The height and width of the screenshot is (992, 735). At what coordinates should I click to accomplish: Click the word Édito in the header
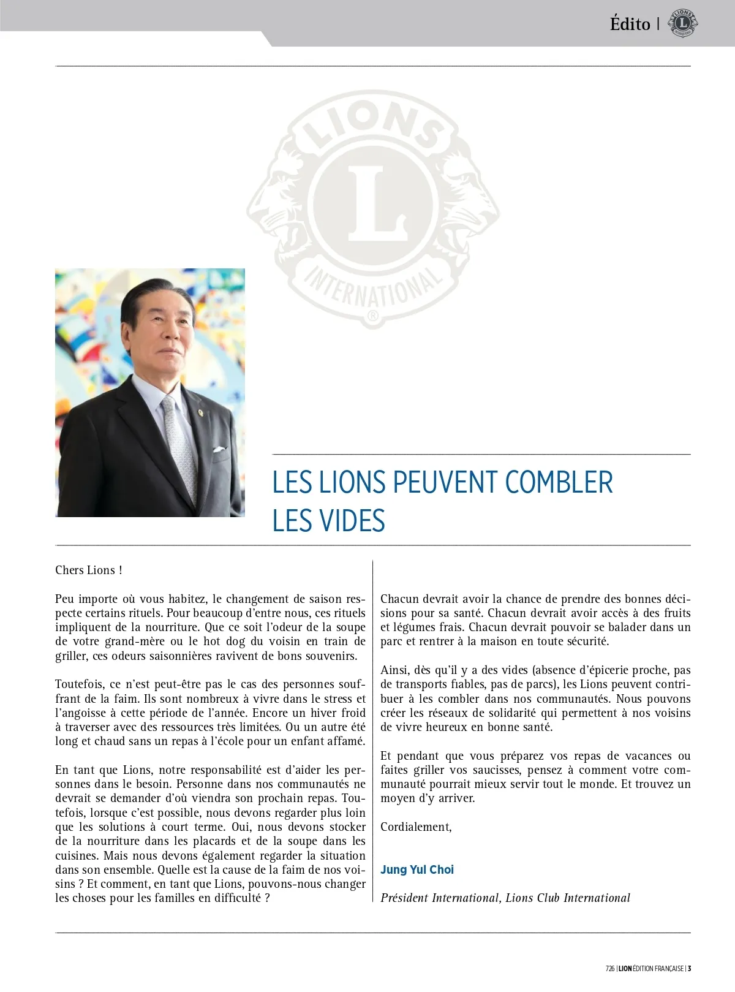click(630, 24)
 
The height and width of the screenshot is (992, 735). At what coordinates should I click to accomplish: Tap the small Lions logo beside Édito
click(683, 23)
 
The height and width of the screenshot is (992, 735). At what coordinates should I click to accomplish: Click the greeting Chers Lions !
click(89, 570)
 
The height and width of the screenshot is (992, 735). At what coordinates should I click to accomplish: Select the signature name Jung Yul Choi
click(417, 869)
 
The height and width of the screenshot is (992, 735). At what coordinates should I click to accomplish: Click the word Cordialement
click(416, 827)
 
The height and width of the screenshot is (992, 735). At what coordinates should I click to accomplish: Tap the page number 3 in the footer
click(689, 969)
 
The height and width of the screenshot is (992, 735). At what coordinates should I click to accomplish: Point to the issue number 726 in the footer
click(609, 969)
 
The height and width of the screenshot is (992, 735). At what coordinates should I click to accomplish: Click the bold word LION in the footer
click(625, 969)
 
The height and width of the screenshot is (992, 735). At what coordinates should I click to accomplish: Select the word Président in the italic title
click(404, 898)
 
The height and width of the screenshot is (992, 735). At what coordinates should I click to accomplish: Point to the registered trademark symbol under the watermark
click(372, 317)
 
